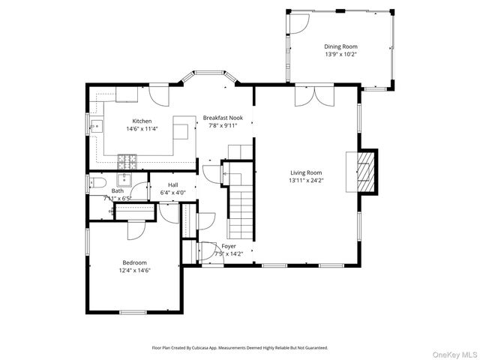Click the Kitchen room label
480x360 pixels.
(x=142, y=121)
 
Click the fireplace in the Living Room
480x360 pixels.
(x=364, y=171)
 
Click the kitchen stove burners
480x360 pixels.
(x=127, y=160)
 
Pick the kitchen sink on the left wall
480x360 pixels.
(x=97, y=125)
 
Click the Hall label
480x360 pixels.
(x=173, y=184)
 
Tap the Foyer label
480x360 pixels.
(x=229, y=246)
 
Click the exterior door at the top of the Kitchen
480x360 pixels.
(x=159, y=94)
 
